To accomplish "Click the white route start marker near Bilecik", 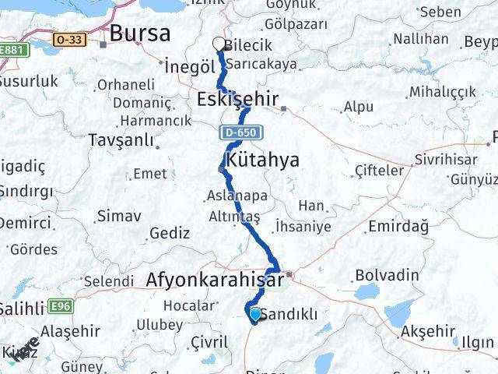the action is pos(219,45).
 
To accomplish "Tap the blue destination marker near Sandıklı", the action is pos(255,314).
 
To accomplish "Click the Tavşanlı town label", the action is pos(125,139).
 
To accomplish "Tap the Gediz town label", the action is pos(170,232).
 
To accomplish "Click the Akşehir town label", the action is pos(427,331).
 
